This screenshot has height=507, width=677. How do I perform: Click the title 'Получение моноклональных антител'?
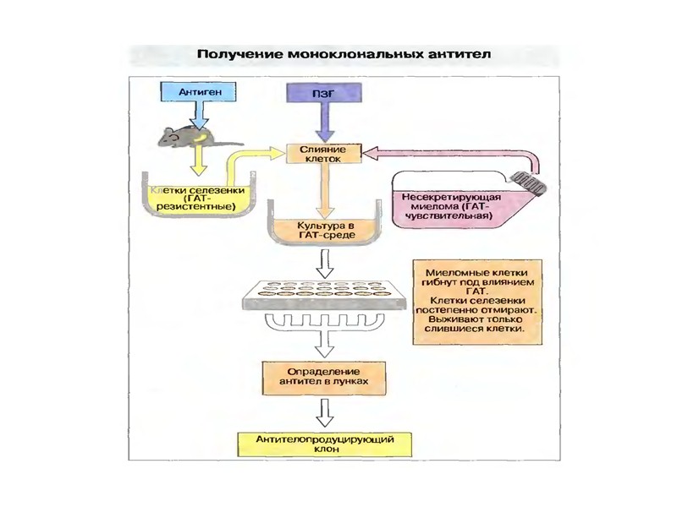(x=344, y=53)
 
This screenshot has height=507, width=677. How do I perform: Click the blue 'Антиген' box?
(x=195, y=89)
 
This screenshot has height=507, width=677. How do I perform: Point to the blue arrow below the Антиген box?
(x=199, y=113)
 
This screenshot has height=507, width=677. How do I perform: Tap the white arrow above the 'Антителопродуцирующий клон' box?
(x=322, y=413)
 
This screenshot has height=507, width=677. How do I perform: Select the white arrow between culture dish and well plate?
(x=322, y=264)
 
